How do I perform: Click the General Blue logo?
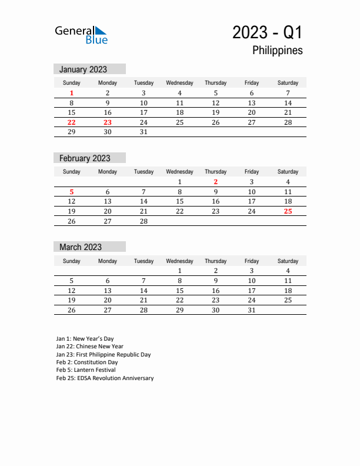point(81,35)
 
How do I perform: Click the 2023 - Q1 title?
point(267,32)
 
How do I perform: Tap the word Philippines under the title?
point(277,51)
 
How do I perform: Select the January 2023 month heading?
point(83,69)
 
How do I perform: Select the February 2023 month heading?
point(85,158)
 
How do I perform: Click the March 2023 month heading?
point(81,247)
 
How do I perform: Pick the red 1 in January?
point(72,93)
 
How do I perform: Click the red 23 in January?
point(108,122)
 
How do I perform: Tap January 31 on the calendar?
point(144,132)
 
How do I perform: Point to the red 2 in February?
point(216,182)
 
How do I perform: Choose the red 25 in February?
point(288,211)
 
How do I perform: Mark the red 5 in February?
point(72,192)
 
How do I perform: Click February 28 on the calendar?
point(144,221)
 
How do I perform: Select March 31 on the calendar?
point(252,310)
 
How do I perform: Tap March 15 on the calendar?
point(179,291)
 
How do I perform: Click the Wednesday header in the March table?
point(179,261)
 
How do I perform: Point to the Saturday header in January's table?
point(288,83)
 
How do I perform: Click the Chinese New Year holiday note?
point(90,347)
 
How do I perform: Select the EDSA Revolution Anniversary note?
point(105,378)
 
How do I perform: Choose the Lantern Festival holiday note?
point(86,370)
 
